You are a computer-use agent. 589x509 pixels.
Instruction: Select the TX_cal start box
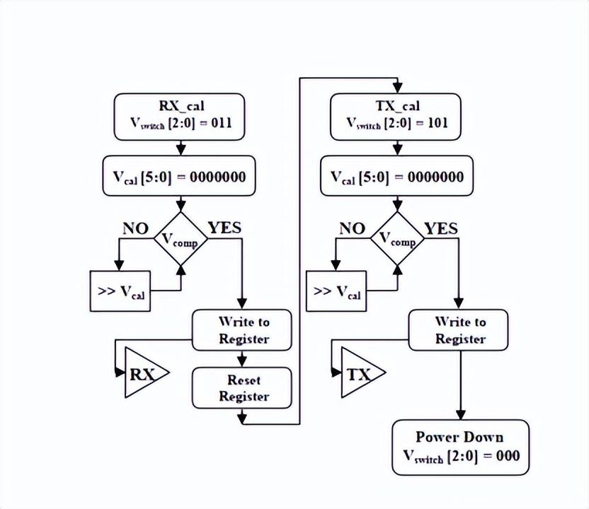point(396,115)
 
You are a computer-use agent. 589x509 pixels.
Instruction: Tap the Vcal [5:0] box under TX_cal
point(396,176)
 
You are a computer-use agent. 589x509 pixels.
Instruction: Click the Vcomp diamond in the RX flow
point(181,240)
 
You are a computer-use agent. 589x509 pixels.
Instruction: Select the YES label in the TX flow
point(440,228)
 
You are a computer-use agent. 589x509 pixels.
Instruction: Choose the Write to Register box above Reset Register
point(242,330)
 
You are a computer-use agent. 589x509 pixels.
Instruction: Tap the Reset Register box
point(242,388)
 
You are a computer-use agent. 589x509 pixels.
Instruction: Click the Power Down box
point(460,445)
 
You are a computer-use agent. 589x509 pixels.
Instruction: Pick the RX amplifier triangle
point(144,373)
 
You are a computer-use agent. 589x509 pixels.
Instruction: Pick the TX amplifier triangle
point(360,373)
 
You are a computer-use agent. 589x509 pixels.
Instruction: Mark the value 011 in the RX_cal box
point(219,124)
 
